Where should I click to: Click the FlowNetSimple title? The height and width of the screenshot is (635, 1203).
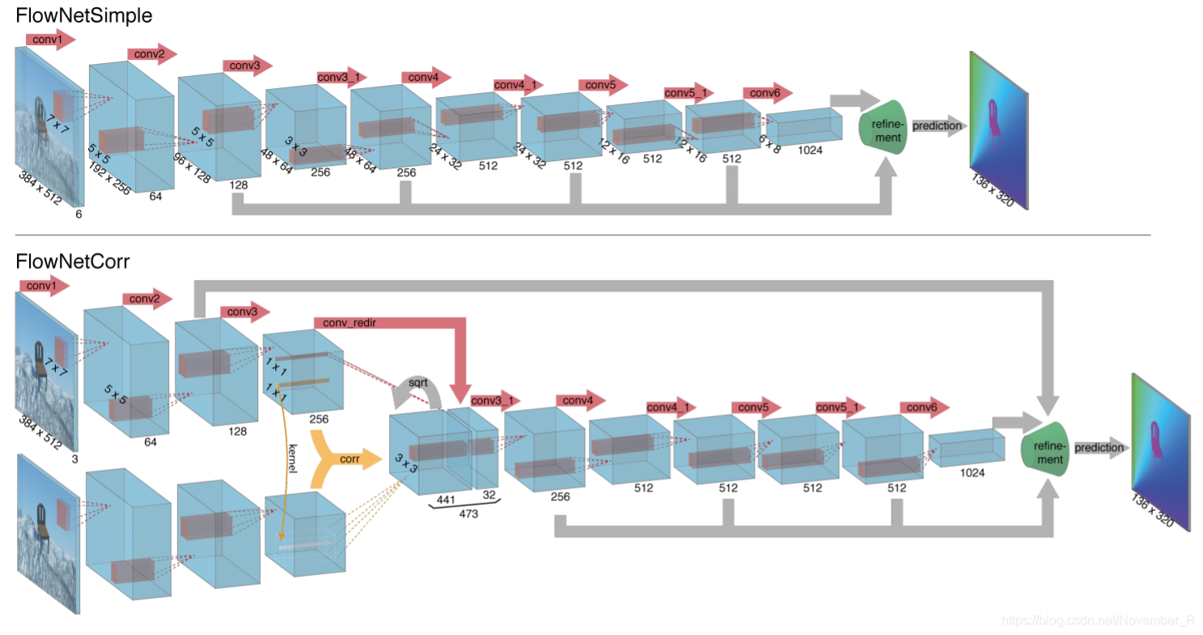point(73,15)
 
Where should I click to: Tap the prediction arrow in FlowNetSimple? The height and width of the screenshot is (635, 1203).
point(938,126)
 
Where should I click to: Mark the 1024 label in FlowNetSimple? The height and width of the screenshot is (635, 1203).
point(810,150)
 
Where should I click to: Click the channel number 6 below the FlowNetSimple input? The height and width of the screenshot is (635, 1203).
point(78,215)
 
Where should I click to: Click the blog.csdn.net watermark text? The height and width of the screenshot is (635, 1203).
point(1098,620)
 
